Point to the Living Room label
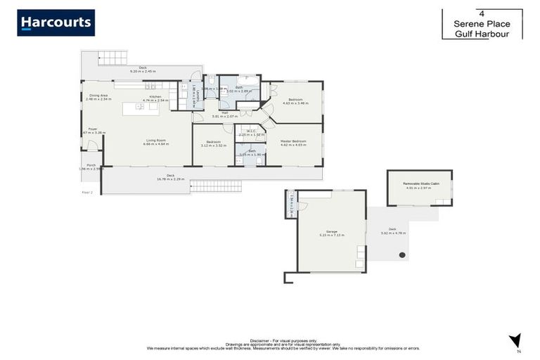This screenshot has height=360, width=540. click(155, 140)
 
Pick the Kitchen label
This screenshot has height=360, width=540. click(155, 96)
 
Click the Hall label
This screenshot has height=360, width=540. click(224, 112)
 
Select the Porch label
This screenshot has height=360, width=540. click(91, 165)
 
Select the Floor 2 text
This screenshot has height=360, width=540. click(87, 191)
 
